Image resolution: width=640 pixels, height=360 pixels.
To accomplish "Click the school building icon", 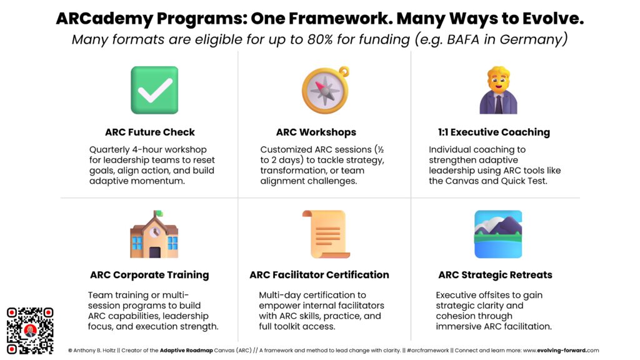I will click(154, 234).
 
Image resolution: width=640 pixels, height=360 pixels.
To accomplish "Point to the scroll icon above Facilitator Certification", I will click(324, 234).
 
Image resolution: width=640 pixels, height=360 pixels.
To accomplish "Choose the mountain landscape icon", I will click(498, 234).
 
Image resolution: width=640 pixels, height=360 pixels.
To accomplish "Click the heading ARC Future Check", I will click(150, 132).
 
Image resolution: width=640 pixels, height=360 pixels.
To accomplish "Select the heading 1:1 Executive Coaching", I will click(494, 132).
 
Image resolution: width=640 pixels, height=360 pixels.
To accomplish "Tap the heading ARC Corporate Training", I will click(149, 275).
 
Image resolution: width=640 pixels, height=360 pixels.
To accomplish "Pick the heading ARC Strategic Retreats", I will click(495, 275).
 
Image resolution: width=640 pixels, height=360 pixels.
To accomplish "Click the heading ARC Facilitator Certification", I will click(319, 275).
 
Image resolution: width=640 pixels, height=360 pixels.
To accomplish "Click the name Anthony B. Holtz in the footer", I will click(95, 351).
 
